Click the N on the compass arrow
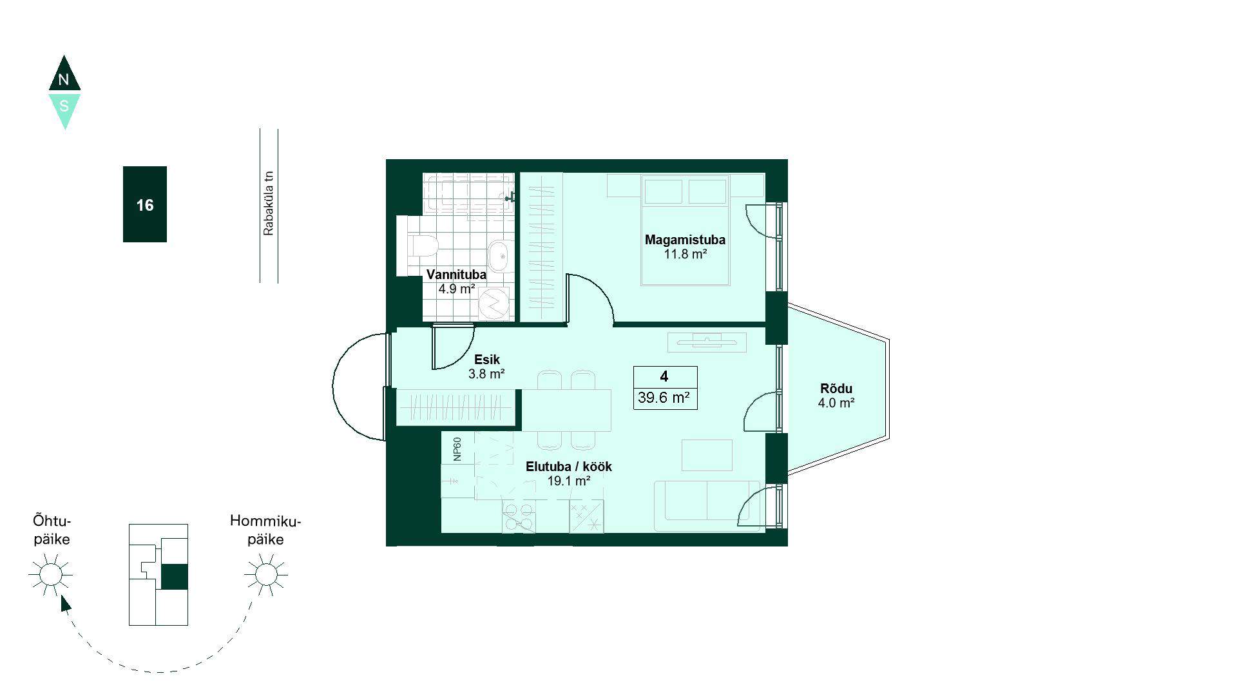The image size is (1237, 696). [63, 80]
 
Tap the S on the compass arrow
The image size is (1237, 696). [64, 106]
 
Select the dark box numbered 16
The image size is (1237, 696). [145, 204]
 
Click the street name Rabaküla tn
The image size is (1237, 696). [269, 203]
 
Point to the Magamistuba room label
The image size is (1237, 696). [685, 240]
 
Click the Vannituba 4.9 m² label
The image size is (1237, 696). [456, 282]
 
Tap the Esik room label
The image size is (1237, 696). [486, 360]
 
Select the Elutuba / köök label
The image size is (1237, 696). [569, 467]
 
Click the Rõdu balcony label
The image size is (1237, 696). [836, 389]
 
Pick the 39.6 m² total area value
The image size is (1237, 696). [664, 398]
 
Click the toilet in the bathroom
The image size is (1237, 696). [423, 246]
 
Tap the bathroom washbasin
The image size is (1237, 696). [499, 256]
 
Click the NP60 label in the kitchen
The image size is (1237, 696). [457, 449]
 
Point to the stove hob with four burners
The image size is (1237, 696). [519, 516]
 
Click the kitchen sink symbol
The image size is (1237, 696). [586, 516]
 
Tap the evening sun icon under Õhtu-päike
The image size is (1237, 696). [51, 574]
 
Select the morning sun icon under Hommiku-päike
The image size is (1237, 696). [265, 574]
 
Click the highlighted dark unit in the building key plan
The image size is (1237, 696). [174, 577]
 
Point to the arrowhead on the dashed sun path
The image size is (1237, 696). [65, 603]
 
